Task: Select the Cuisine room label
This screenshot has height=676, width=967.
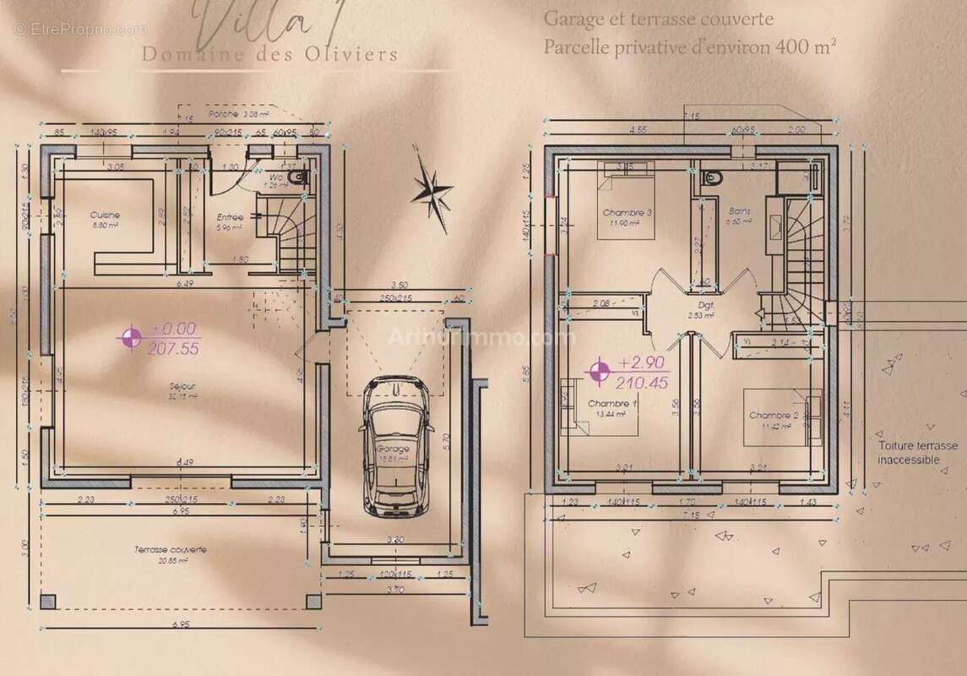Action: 106,215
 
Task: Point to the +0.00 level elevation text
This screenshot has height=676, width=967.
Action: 174,329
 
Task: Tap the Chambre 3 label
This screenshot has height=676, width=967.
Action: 627,212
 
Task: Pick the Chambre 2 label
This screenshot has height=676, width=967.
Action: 774,416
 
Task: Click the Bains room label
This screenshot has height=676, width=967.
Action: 739,212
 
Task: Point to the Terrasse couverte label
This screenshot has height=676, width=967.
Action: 171,549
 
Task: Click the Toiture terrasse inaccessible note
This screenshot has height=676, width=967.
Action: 917,453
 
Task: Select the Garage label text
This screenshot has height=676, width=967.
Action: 393,450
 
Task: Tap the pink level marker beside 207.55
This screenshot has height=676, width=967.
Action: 130,338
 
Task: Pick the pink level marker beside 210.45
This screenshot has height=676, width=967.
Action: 600,371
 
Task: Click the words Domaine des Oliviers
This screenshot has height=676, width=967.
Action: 270,55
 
